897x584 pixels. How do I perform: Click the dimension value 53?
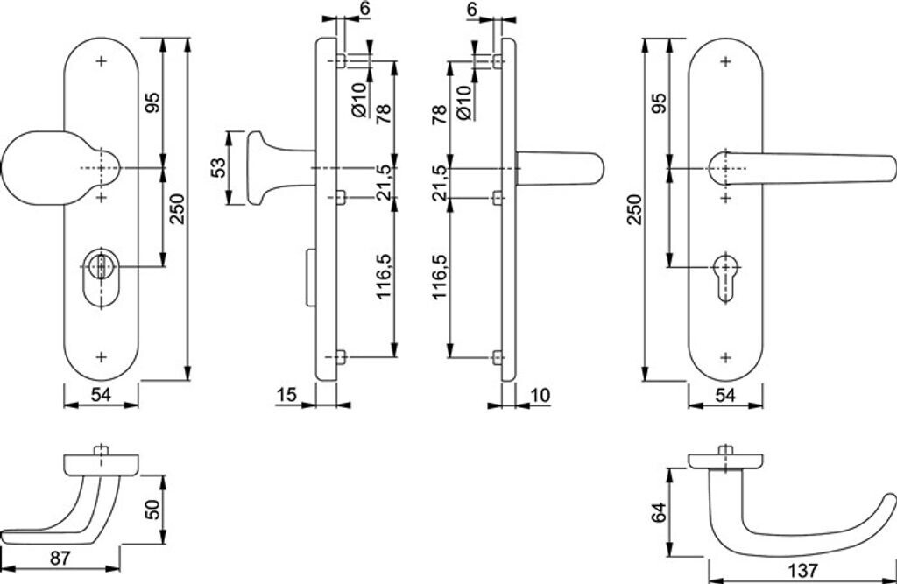point(218,168)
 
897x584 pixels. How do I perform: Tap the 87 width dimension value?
point(60,558)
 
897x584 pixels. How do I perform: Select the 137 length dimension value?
point(802,570)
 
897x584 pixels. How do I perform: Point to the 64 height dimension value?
point(659,512)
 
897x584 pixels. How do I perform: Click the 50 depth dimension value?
point(152,509)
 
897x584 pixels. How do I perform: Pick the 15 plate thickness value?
point(286,395)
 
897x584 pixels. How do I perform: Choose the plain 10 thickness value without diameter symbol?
point(540,395)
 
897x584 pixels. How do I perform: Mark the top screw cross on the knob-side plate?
point(102,60)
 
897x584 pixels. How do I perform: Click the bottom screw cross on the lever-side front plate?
point(725,358)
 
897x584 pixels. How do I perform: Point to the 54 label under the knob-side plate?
point(101,395)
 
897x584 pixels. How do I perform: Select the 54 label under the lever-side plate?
point(724,395)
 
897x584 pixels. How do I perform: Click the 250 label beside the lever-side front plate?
point(636,209)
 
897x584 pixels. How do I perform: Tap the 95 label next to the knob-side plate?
point(152,102)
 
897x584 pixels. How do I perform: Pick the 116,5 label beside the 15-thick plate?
point(384,277)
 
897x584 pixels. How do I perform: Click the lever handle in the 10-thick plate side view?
point(560,168)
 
